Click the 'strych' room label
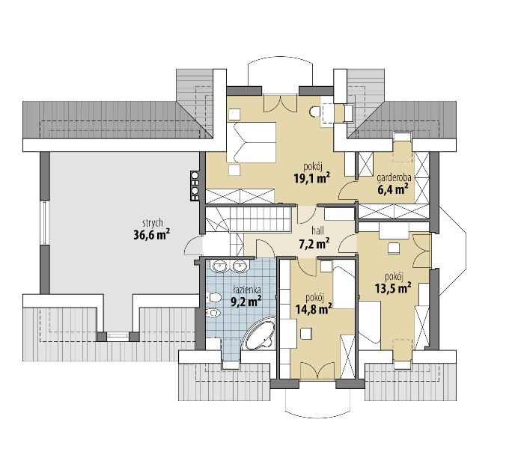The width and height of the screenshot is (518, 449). [153, 224]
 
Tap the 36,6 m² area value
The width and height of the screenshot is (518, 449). [152, 235]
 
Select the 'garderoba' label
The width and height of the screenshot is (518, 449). [394, 178]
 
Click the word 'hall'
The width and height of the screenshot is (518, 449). [317, 230]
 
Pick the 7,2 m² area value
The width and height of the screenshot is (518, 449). [314, 244]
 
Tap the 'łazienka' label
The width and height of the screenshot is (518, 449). [247, 290]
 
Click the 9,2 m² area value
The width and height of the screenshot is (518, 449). [246, 302]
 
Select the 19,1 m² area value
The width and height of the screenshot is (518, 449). [312, 178]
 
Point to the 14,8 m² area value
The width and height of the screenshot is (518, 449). [314, 310]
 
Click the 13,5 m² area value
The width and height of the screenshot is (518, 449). [393, 289]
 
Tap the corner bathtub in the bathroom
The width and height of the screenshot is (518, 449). [259, 334]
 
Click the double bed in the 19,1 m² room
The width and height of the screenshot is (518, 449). [251, 142]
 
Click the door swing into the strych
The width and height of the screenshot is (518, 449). [192, 245]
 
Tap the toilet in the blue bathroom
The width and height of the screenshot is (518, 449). [214, 298]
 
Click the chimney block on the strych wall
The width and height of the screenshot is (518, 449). [195, 186]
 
